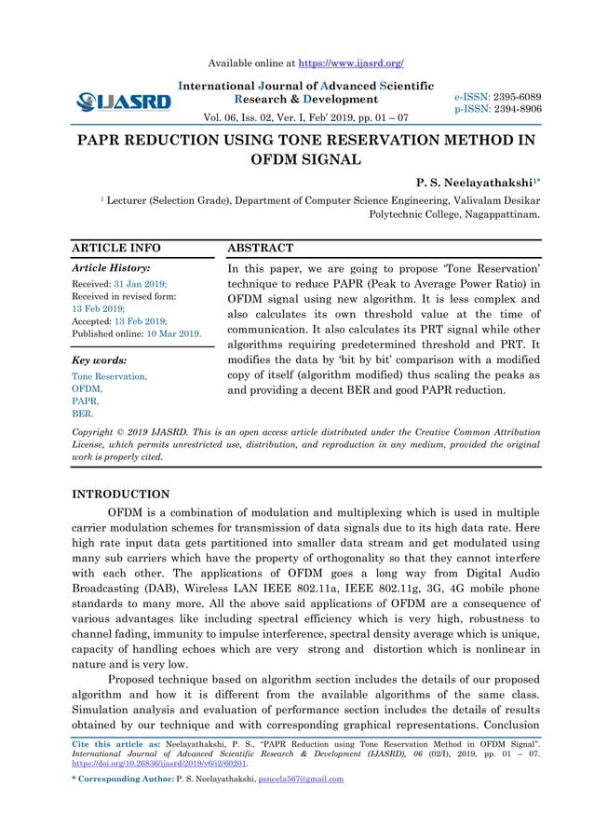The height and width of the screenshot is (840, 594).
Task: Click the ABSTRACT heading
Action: pos(261,249)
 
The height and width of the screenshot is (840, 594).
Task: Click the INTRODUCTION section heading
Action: pos(121,495)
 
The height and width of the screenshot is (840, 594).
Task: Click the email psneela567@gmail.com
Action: pos(296,779)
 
